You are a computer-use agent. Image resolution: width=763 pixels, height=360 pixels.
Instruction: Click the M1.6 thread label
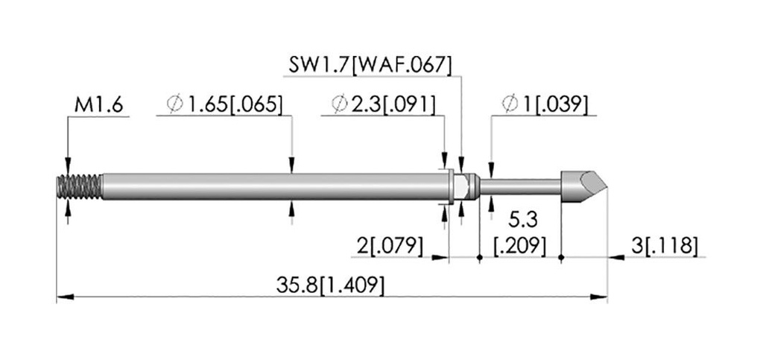[99, 105]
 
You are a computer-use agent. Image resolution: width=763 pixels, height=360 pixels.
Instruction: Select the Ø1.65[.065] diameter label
[224, 105]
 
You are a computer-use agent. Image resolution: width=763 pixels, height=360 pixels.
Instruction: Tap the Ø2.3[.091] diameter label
[383, 105]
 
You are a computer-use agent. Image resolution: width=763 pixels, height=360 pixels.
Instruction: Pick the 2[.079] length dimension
[390, 247]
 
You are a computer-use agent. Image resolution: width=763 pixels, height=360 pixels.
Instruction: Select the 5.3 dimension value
[523, 221]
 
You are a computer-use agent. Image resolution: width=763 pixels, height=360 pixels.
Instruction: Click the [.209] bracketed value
[519, 247]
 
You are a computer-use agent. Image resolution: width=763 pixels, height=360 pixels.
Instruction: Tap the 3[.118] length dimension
[665, 246]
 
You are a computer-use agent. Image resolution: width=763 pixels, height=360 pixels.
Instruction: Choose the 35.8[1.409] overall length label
[330, 285]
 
